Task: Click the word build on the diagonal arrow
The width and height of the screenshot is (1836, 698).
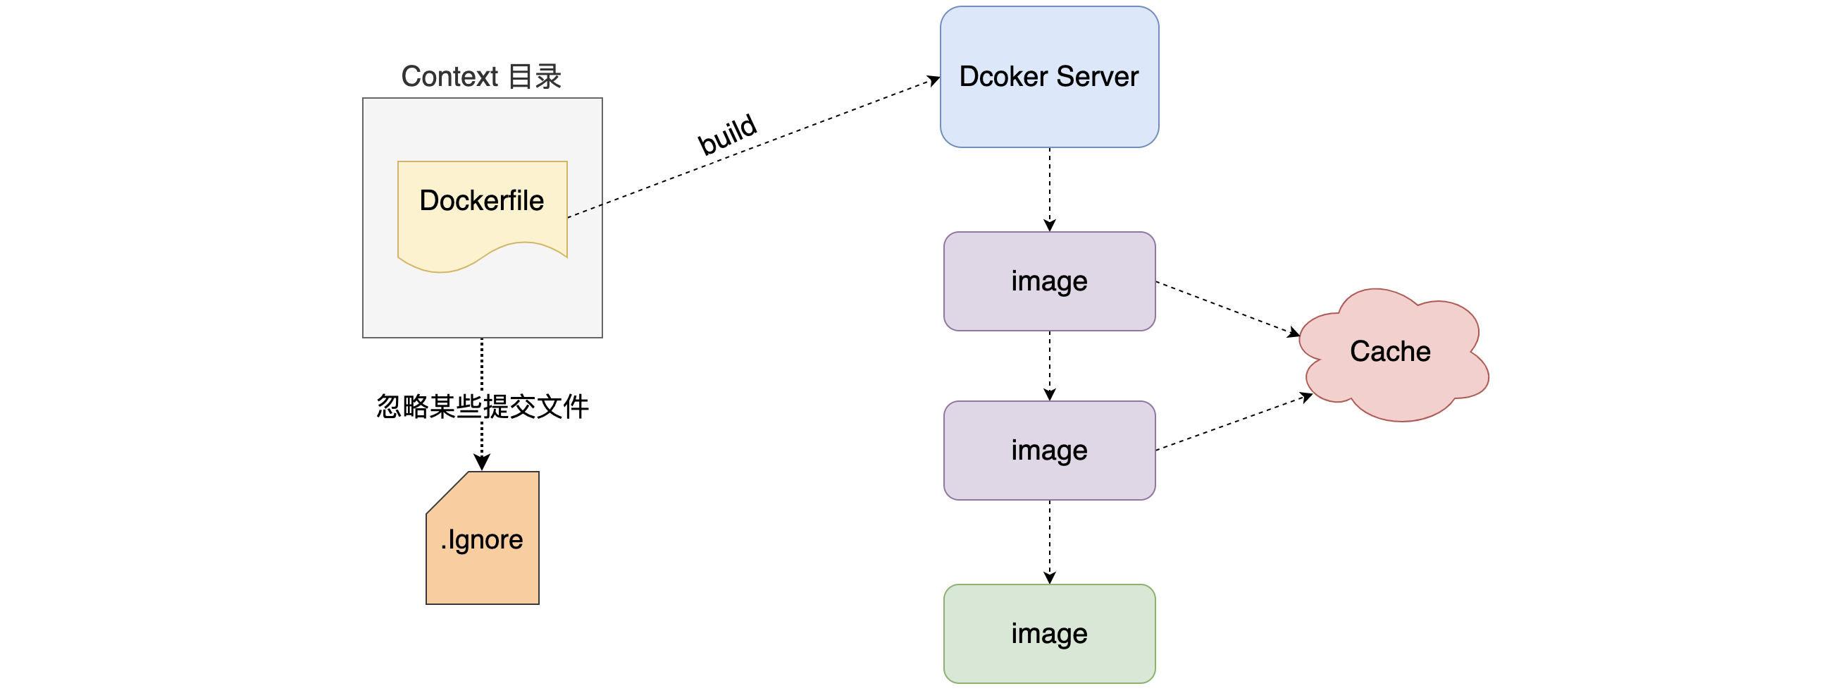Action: coord(726,133)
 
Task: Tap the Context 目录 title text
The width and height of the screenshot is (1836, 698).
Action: coord(481,76)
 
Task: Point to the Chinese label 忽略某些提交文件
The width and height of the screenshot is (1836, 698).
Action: coord(482,406)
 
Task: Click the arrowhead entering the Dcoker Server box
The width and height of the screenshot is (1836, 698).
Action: coord(933,80)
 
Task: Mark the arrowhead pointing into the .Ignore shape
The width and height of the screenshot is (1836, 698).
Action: coord(482,463)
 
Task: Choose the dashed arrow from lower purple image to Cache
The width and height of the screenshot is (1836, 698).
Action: coord(1233,423)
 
